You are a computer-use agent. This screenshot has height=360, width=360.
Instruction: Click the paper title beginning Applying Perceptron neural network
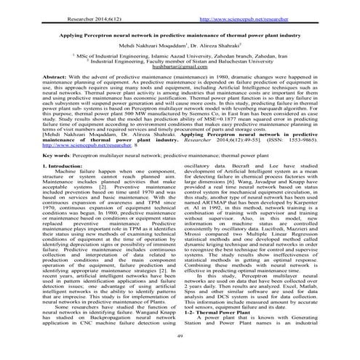180,34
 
